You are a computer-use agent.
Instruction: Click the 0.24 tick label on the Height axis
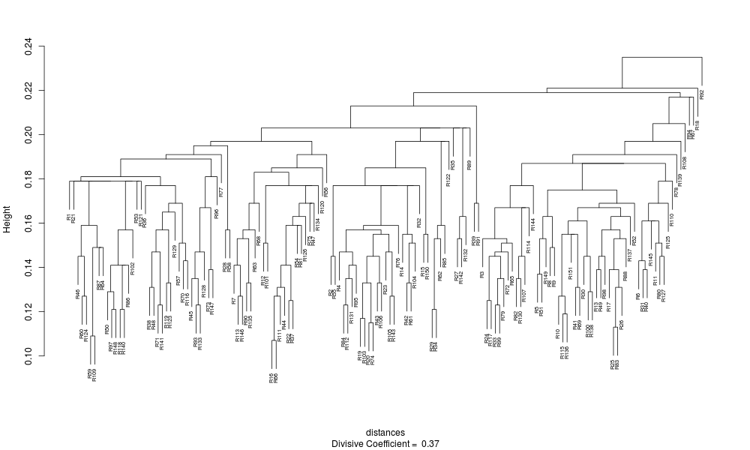28,46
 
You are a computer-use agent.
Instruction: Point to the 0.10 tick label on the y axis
28,355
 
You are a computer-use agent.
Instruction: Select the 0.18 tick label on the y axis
28,179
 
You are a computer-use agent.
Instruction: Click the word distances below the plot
385,433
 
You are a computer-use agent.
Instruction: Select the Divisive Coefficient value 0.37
430,443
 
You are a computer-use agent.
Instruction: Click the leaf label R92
702,94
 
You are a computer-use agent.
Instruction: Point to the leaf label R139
680,180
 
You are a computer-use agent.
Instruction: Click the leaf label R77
220,190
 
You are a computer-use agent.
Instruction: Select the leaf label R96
216,212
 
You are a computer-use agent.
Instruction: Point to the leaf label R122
448,181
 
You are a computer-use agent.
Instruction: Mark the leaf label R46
78,293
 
